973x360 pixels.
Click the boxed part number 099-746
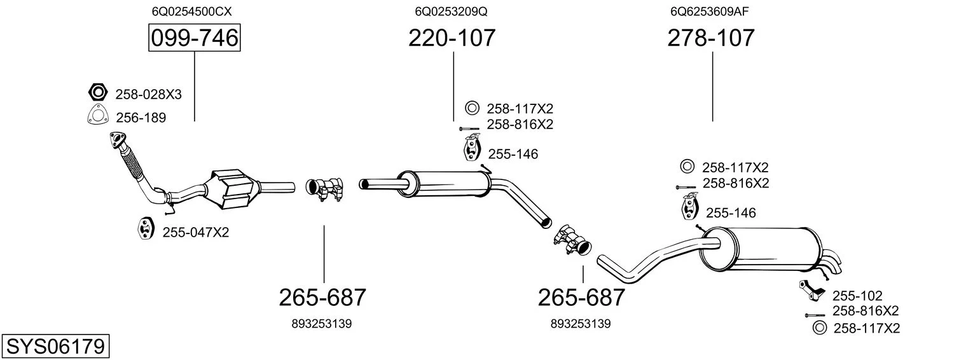coord(194,38)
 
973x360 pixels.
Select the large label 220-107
coord(452,38)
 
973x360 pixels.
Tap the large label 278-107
coord(711,38)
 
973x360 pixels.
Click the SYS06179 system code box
coord(55,346)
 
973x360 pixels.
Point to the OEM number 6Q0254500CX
coord(191,11)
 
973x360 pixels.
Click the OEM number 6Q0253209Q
coord(451,11)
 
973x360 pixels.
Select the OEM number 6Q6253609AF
coord(709,11)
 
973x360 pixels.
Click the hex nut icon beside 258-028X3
coord(98,92)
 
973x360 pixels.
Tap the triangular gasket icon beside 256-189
coord(97,115)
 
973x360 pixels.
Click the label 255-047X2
coord(195,232)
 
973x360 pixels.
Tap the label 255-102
coord(857,296)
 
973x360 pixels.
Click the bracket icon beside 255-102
coord(811,291)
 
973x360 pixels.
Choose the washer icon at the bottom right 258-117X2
coord(819,328)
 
